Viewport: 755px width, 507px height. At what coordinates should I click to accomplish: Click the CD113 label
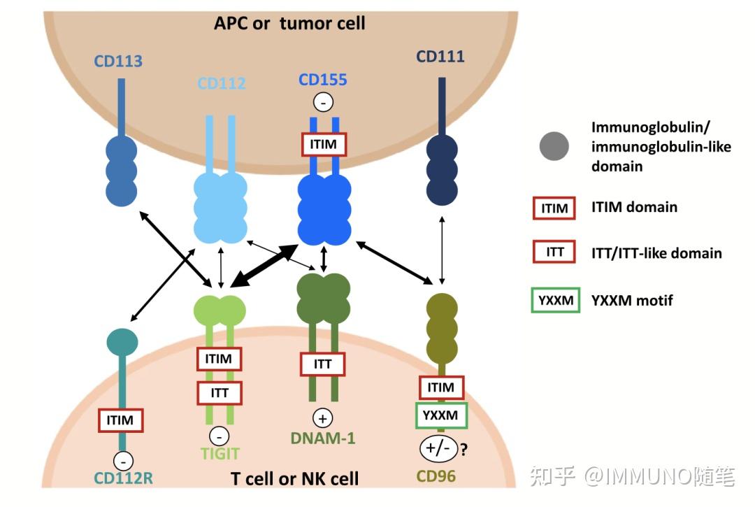click(118, 61)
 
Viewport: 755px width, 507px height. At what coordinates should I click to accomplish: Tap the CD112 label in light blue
click(222, 83)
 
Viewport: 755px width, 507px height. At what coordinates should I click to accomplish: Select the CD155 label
click(322, 80)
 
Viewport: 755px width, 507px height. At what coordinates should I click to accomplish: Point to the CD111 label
click(440, 57)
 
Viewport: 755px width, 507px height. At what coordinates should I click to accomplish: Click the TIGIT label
click(220, 454)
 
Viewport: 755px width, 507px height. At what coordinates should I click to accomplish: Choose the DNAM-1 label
click(323, 438)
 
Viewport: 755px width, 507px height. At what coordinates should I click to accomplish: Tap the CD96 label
click(436, 476)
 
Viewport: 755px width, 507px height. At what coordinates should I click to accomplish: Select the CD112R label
click(123, 478)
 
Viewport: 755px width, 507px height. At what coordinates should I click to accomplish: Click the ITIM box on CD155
click(323, 144)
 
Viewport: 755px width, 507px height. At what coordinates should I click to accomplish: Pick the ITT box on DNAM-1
click(322, 364)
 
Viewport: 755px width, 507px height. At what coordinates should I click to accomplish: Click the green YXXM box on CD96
click(441, 415)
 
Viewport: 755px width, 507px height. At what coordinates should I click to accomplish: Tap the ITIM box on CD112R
click(120, 420)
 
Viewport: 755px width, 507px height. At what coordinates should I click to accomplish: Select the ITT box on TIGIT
click(220, 393)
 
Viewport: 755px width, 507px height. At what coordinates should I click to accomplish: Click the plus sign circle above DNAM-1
click(322, 418)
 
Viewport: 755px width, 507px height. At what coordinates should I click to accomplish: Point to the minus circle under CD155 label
click(323, 102)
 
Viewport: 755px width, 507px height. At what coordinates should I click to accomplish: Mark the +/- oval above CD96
click(438, 449)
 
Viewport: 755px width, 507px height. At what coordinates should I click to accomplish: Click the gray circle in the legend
click(554, 146)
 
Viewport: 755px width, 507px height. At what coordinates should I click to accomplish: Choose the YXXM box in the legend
click(556, 301)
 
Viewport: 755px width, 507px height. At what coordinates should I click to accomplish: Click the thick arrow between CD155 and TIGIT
click(264, 266)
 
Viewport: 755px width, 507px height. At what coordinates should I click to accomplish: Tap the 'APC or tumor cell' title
click(290, 23)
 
